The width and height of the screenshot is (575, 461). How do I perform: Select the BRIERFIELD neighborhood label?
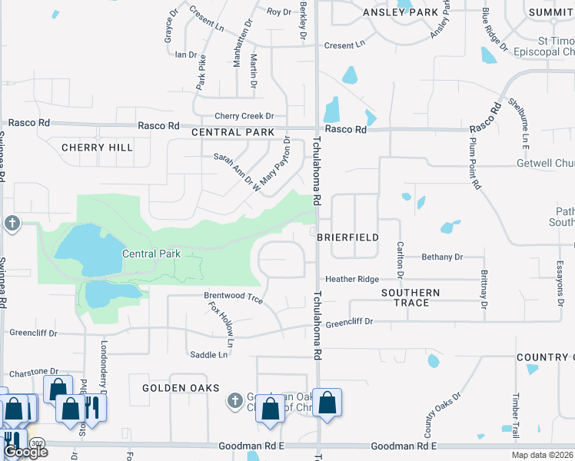[x=348, y=238]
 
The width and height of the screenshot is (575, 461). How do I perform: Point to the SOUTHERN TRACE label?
[x=411, y=297]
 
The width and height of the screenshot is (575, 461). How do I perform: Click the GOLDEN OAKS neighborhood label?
[x=181, y=389]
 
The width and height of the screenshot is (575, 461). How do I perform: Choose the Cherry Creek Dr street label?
[x=244, y=116]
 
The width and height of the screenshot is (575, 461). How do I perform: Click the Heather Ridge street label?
[x=353, y=279]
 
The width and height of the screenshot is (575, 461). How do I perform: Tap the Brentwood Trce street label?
[x=233, y=297]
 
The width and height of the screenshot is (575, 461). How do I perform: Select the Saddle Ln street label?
[x=209, y=354]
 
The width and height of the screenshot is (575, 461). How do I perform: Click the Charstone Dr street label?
[x=32, y=371]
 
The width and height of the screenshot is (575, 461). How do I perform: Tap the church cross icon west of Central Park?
[x=12, y=224]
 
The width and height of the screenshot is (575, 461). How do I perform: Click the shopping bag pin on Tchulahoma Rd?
[x=327, y=403]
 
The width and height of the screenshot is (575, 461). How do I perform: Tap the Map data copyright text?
[x=543, y=456]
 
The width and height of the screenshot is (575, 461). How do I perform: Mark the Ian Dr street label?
[x=187, y=55]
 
